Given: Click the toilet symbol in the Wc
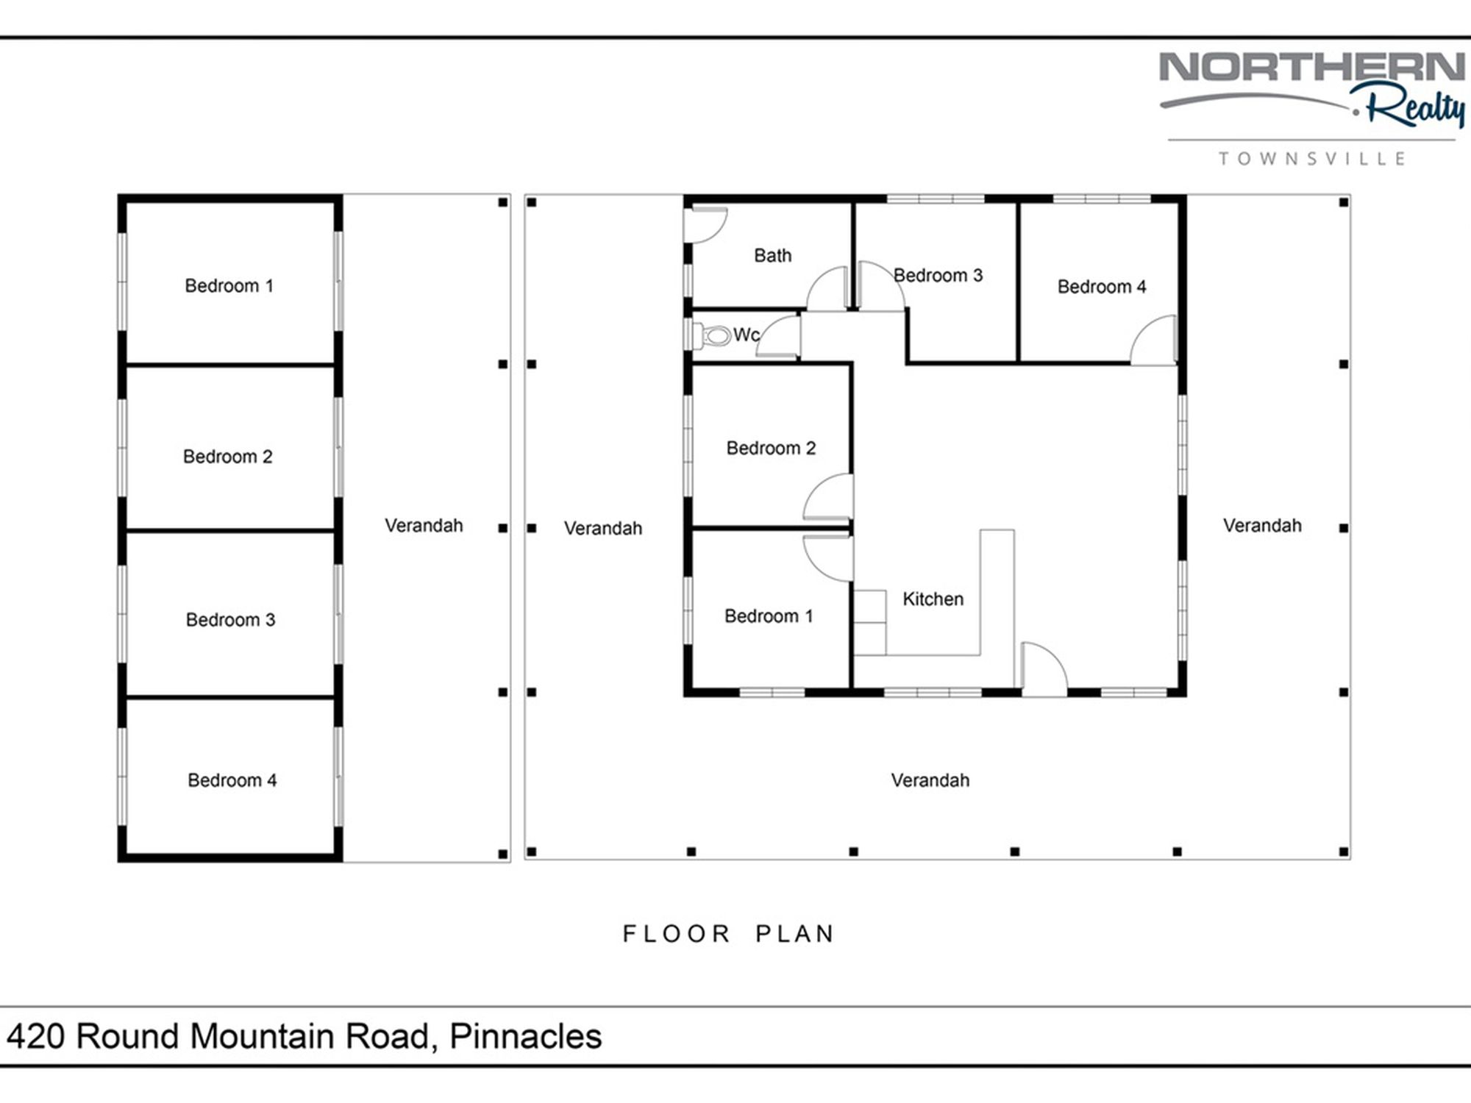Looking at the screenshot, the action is click(711, 336).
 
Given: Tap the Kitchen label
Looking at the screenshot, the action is click(933, 599).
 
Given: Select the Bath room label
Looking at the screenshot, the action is click(773, 256).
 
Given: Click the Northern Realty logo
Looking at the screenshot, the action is click(1312, 88).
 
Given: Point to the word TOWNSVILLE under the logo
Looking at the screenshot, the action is click(1312, 159).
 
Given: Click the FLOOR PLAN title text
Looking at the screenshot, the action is click(729, 934).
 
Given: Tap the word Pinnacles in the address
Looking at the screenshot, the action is click(526, 1037).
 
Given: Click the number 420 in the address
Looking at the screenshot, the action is click(36, 1037).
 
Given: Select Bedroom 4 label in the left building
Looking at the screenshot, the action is click(232, 780).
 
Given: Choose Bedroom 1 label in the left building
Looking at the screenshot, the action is click(229, 286).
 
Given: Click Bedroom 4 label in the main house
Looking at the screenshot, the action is click(1102, 287).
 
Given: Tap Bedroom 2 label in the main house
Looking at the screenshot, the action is click(771, 449).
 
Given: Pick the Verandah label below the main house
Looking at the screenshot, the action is click(930, 780).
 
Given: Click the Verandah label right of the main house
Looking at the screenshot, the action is click(1262, 526).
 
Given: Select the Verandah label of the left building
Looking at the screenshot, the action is click(424, 526).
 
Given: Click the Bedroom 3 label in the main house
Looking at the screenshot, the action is click(938, 276).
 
